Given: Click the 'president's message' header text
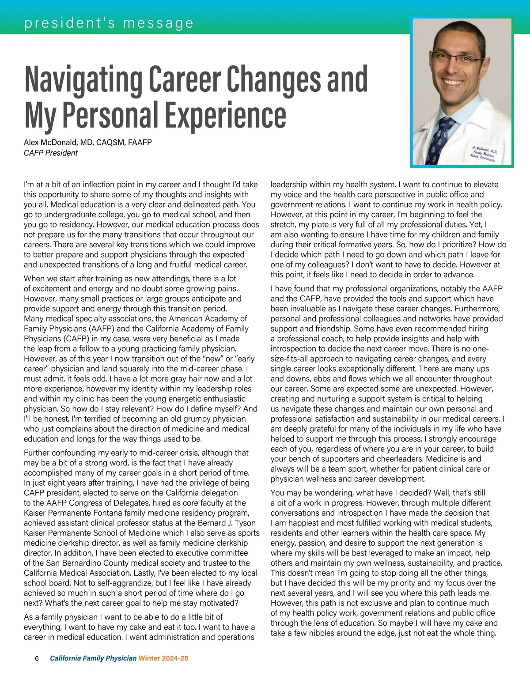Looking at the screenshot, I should pyautogui.click(x=109, y=23).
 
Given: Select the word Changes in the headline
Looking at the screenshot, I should pyautogui.click(x=273, y=79).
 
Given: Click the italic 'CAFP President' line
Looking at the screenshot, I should pyautogui.click(x=51, y=153).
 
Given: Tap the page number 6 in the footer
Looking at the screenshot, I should pyautogui.click(x=37, y=658).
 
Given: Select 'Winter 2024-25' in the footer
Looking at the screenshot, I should pyautogui.click(x=163, y=658).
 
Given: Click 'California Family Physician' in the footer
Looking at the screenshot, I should pyautogui.click(x=93, y=658).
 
